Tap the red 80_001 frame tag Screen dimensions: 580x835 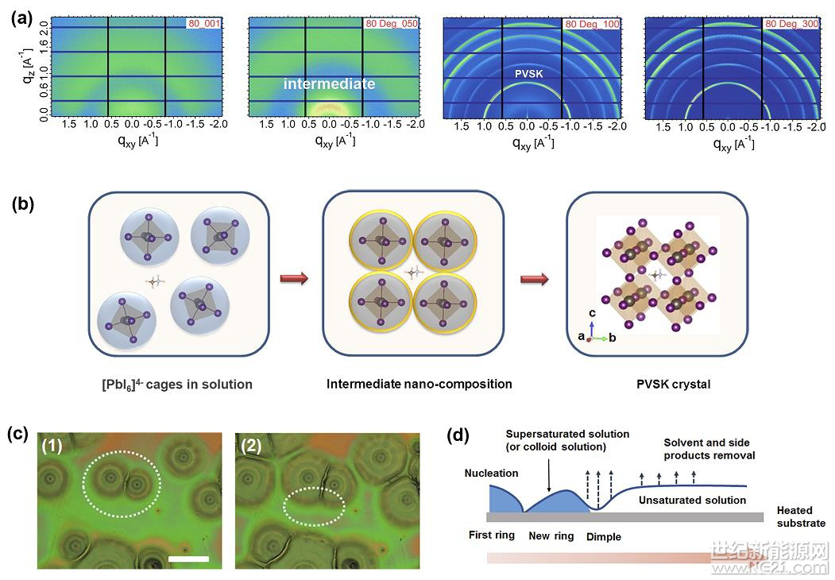(204, 25)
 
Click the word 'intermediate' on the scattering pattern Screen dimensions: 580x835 (330, 83)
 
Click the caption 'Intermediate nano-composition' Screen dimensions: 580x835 (419, 384)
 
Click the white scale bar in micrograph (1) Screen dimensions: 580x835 (188, 559)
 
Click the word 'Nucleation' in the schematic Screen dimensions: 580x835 (492, 474)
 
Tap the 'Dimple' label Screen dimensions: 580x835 (605, 537)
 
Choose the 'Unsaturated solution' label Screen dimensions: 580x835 (693, 500)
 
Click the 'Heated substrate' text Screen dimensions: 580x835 (801, 517)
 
